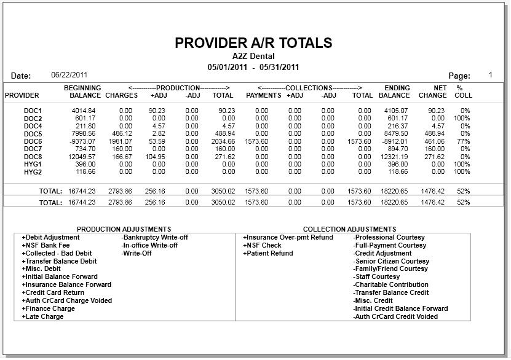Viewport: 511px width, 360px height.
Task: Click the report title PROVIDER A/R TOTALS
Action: (x=253, y=43)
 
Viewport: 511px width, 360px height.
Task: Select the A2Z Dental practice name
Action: (x=253, y=57)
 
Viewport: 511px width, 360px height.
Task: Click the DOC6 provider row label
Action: (x=33, y=141)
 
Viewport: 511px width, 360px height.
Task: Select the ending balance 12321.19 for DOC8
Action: (x=394, y=157)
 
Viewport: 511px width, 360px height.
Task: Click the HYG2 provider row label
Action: (x=33, y=172)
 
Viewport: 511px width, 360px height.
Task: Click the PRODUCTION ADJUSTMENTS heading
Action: (x=124, y=229)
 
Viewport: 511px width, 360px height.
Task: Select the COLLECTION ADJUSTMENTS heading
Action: (x=349, y=229)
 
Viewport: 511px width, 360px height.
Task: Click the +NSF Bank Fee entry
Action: (x=46, y=245)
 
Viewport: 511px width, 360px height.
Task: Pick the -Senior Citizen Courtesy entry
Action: (x=391, y=261)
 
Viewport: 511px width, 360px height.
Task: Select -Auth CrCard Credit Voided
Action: (x=395, y=317)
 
